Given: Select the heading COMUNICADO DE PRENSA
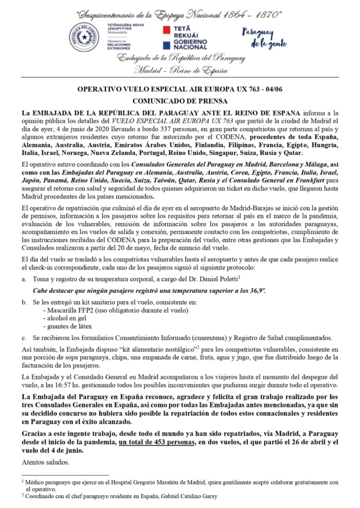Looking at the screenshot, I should click(180, 99).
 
